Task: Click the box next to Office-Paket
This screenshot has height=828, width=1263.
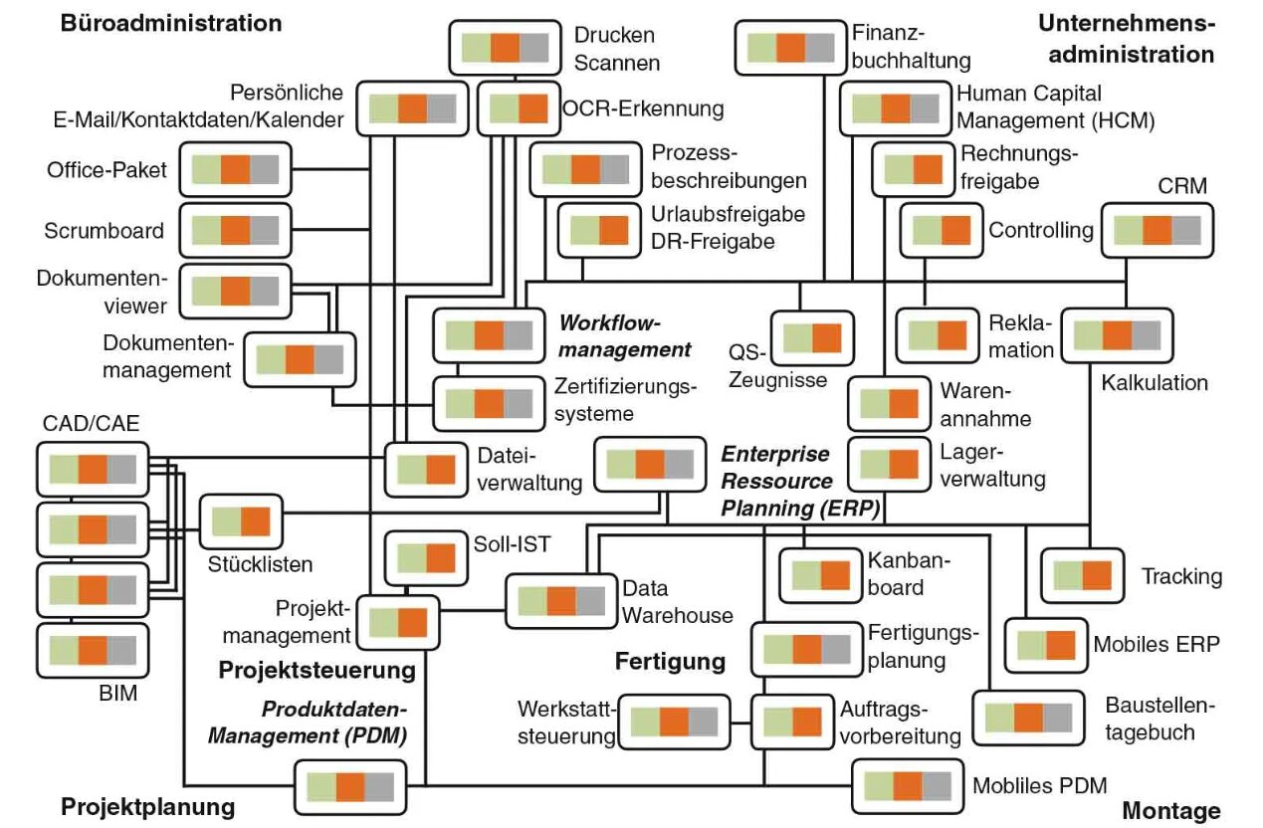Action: coord(235,170)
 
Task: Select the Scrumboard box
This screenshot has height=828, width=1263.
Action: coord(235,231)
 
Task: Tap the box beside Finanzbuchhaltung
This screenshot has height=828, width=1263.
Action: coord(791,49)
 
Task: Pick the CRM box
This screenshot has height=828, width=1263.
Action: coord(1158,231)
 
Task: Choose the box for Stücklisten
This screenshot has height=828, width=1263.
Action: coord(241,521)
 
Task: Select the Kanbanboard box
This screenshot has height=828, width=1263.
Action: coord(820,575)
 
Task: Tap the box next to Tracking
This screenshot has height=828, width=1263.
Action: coord(1082,576)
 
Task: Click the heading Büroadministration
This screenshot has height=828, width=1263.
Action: coord(171,22)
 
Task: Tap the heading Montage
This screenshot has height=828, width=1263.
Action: coord(1170,811)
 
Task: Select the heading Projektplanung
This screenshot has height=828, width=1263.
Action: coord(148,806)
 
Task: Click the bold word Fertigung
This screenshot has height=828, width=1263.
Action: coord(670,661)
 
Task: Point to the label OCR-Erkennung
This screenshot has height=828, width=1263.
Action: coord(643,107)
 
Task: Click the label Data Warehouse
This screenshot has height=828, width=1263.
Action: coord(677,601)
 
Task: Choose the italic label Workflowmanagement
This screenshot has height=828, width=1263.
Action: coord(624,336)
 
